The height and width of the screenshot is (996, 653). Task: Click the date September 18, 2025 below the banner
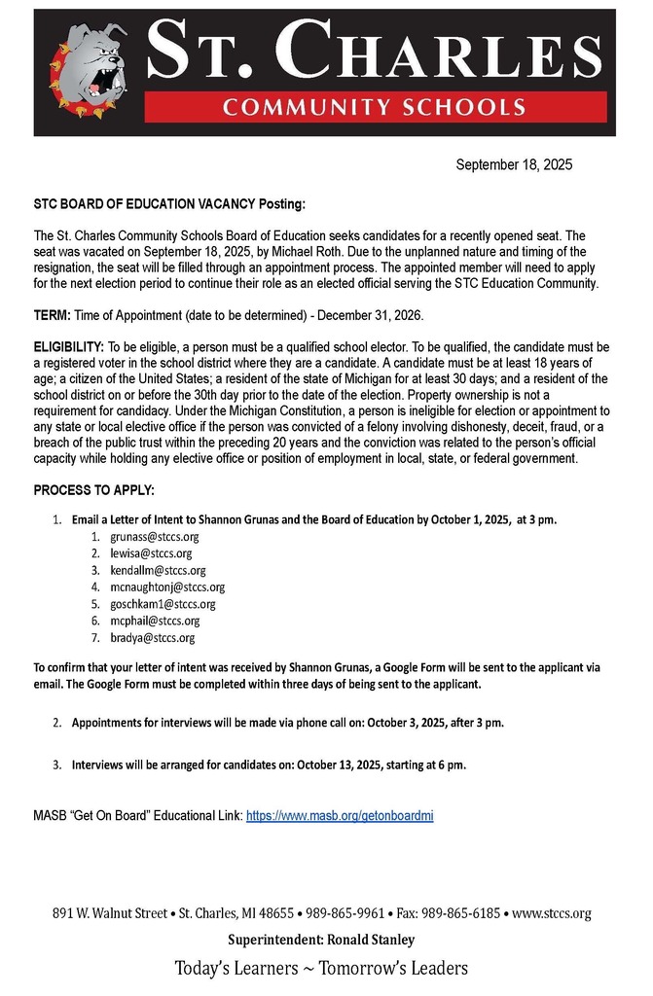[x=514, y=165]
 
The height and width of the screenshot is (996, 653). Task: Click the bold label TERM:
[x=53, y=315]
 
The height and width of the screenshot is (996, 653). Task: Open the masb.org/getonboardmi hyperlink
[x=340, y=816]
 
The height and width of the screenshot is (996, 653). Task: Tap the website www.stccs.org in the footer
[x=552, y=914]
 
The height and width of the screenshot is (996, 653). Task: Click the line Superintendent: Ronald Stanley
[x=321, y=940]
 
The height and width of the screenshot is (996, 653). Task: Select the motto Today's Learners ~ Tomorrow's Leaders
[x=321, y=968]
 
